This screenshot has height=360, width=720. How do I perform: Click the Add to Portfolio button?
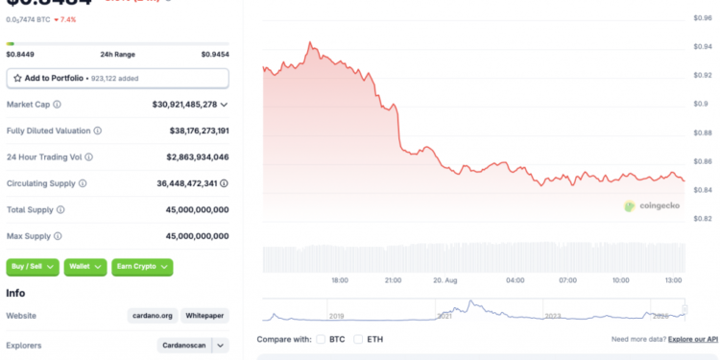(x=118, y=78)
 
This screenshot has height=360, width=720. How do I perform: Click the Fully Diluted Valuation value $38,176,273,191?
(x=190, y=131)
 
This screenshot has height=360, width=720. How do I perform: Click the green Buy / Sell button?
(x=33, y=267)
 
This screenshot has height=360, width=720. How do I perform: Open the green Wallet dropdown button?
(x=85, y=267)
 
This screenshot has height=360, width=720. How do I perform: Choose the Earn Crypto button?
(x=142, y=267)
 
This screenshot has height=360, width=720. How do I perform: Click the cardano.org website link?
(x=152, y=315)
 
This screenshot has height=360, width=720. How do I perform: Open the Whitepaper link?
(x=204, y=315)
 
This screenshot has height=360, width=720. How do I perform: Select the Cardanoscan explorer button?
(x=184, y=345)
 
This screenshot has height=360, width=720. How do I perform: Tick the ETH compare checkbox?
(x=358, y=339)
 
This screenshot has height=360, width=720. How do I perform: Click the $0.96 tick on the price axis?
(x=702, y=18)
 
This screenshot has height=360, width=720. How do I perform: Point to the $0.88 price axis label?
(x=702, y=132)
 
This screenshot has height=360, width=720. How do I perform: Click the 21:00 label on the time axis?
(x=392, y=280)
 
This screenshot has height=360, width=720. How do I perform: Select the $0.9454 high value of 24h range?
(x=215, y=55)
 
